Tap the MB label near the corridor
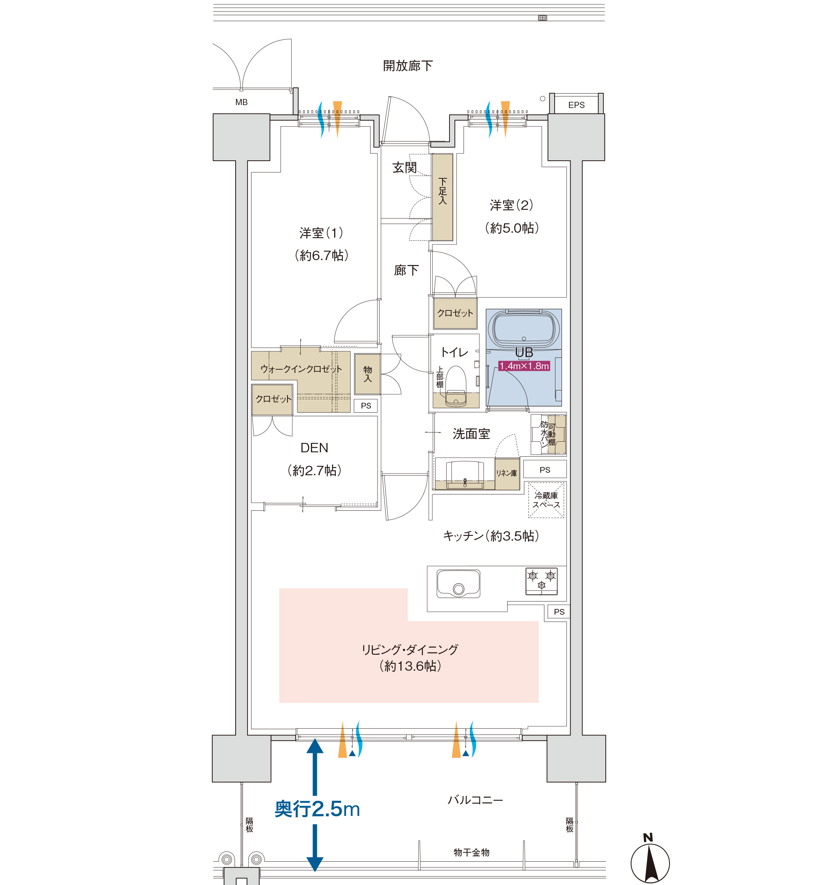click(x=241, y=102)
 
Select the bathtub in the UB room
click(x=524, y=328)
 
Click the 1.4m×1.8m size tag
click(x=524, y=366)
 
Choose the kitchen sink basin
click(x=458, y=584)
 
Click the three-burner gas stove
click(x=542, y=581)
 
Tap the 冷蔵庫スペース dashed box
click(x=546, y=500)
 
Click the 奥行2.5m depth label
click(x=317, y=809)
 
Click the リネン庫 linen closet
click(x=507, y=474)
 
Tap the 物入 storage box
click(x=367, y=374)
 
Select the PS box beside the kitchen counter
click(x=559, y=611)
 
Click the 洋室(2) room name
click(x=511, y=205)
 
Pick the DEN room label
click(x=314, y=448)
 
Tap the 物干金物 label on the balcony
click(x=472, y=852)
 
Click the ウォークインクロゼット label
click(x=301, y=369)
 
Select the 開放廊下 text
click(x=408, y=66)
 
